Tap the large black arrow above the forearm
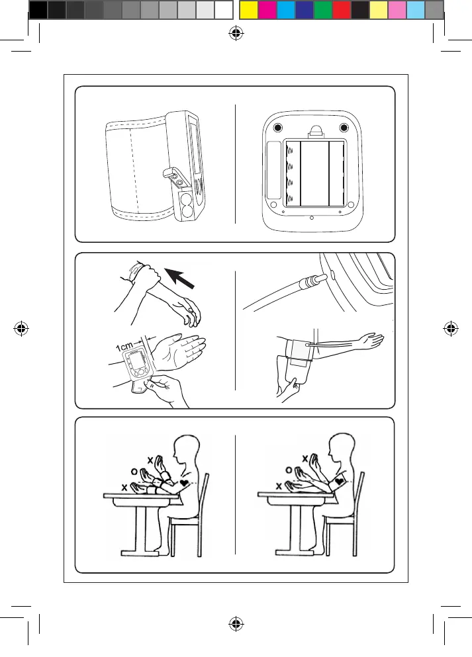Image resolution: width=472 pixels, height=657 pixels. tap(183, 278)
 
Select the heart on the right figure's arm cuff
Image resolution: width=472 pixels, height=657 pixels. tap(340, 482)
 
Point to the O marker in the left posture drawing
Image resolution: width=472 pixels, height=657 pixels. tap(134, 472)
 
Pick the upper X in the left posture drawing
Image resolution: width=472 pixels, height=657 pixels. tap(150, 459)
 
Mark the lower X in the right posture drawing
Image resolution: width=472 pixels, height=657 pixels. tap(279, 486)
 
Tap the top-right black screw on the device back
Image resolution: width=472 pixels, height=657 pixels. tap(344, 128)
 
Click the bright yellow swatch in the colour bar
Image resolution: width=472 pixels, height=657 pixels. tap(248, 10)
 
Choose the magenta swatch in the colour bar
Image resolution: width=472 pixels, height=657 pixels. tap(266, 10)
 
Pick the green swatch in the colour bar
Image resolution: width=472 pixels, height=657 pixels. tap(322, 10)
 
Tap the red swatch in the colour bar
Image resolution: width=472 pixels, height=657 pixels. tap(341, 10)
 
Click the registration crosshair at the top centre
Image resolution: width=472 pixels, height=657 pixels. tap(236, 35)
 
